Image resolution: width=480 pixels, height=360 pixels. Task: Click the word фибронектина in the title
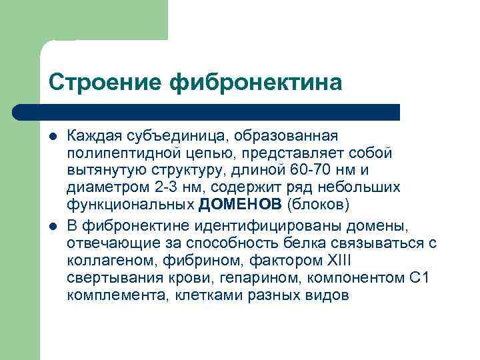[257, 82]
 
